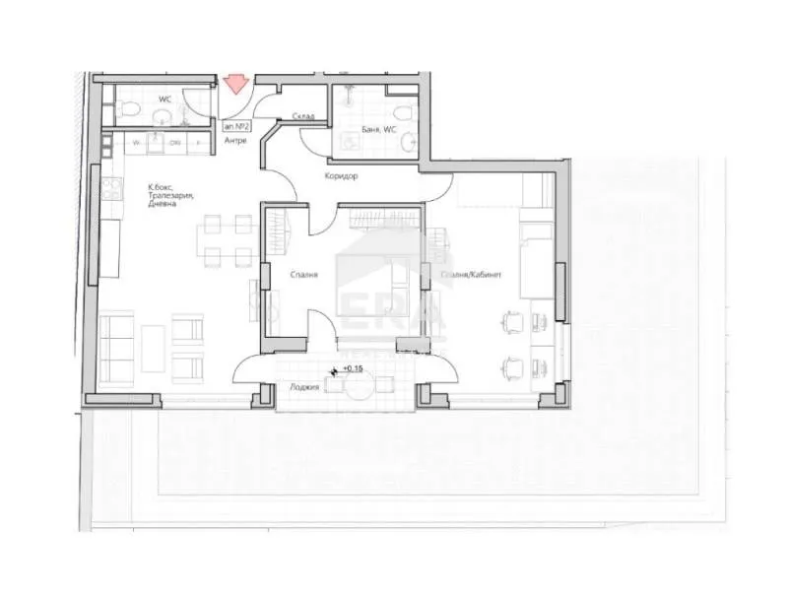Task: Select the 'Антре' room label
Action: [235, 140]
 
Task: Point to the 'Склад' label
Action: [301, 115]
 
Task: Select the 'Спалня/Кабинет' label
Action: [472, 276]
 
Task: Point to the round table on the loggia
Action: [359, 386]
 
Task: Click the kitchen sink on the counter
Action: [156, 145]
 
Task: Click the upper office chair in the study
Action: [511, 321]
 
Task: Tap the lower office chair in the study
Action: [511, 368]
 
